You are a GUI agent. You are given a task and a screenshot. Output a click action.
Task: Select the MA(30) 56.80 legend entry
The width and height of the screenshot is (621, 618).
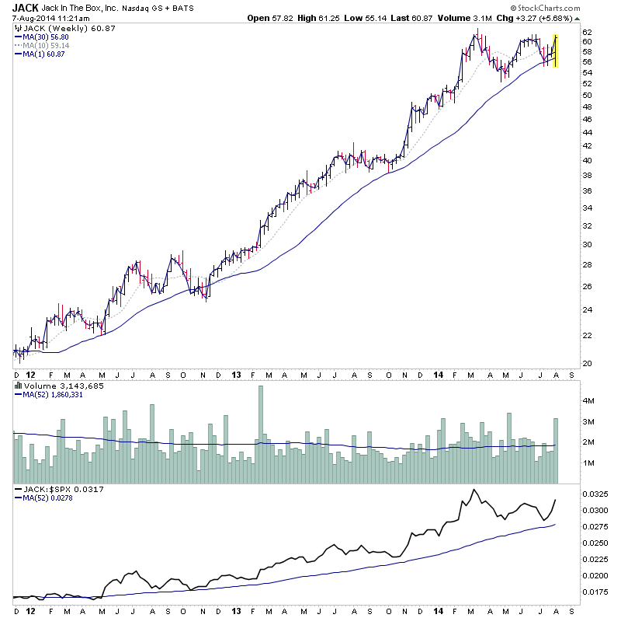45,37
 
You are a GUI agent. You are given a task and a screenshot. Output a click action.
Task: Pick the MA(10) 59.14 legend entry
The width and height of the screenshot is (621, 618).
45,45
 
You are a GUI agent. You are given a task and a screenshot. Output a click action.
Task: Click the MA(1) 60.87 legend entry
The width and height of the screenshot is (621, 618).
43,54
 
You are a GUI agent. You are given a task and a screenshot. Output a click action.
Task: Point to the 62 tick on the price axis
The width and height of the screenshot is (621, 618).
588,30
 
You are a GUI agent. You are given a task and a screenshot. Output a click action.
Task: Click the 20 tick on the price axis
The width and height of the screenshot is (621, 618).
588,364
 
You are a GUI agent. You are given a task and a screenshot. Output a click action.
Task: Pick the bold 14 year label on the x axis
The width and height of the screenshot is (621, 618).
439,375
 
